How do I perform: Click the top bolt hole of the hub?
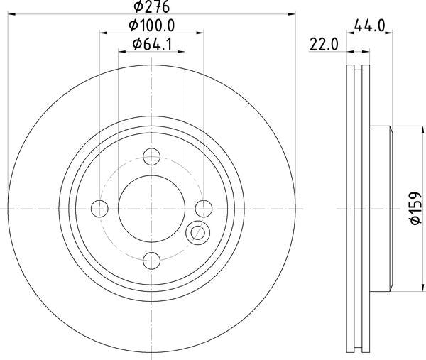click(151, 156)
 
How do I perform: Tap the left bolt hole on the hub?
click(99, 208)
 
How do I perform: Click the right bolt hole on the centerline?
click(203, 208)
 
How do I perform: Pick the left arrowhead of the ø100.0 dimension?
click(102, 33)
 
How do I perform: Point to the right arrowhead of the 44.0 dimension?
click(388, 33)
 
